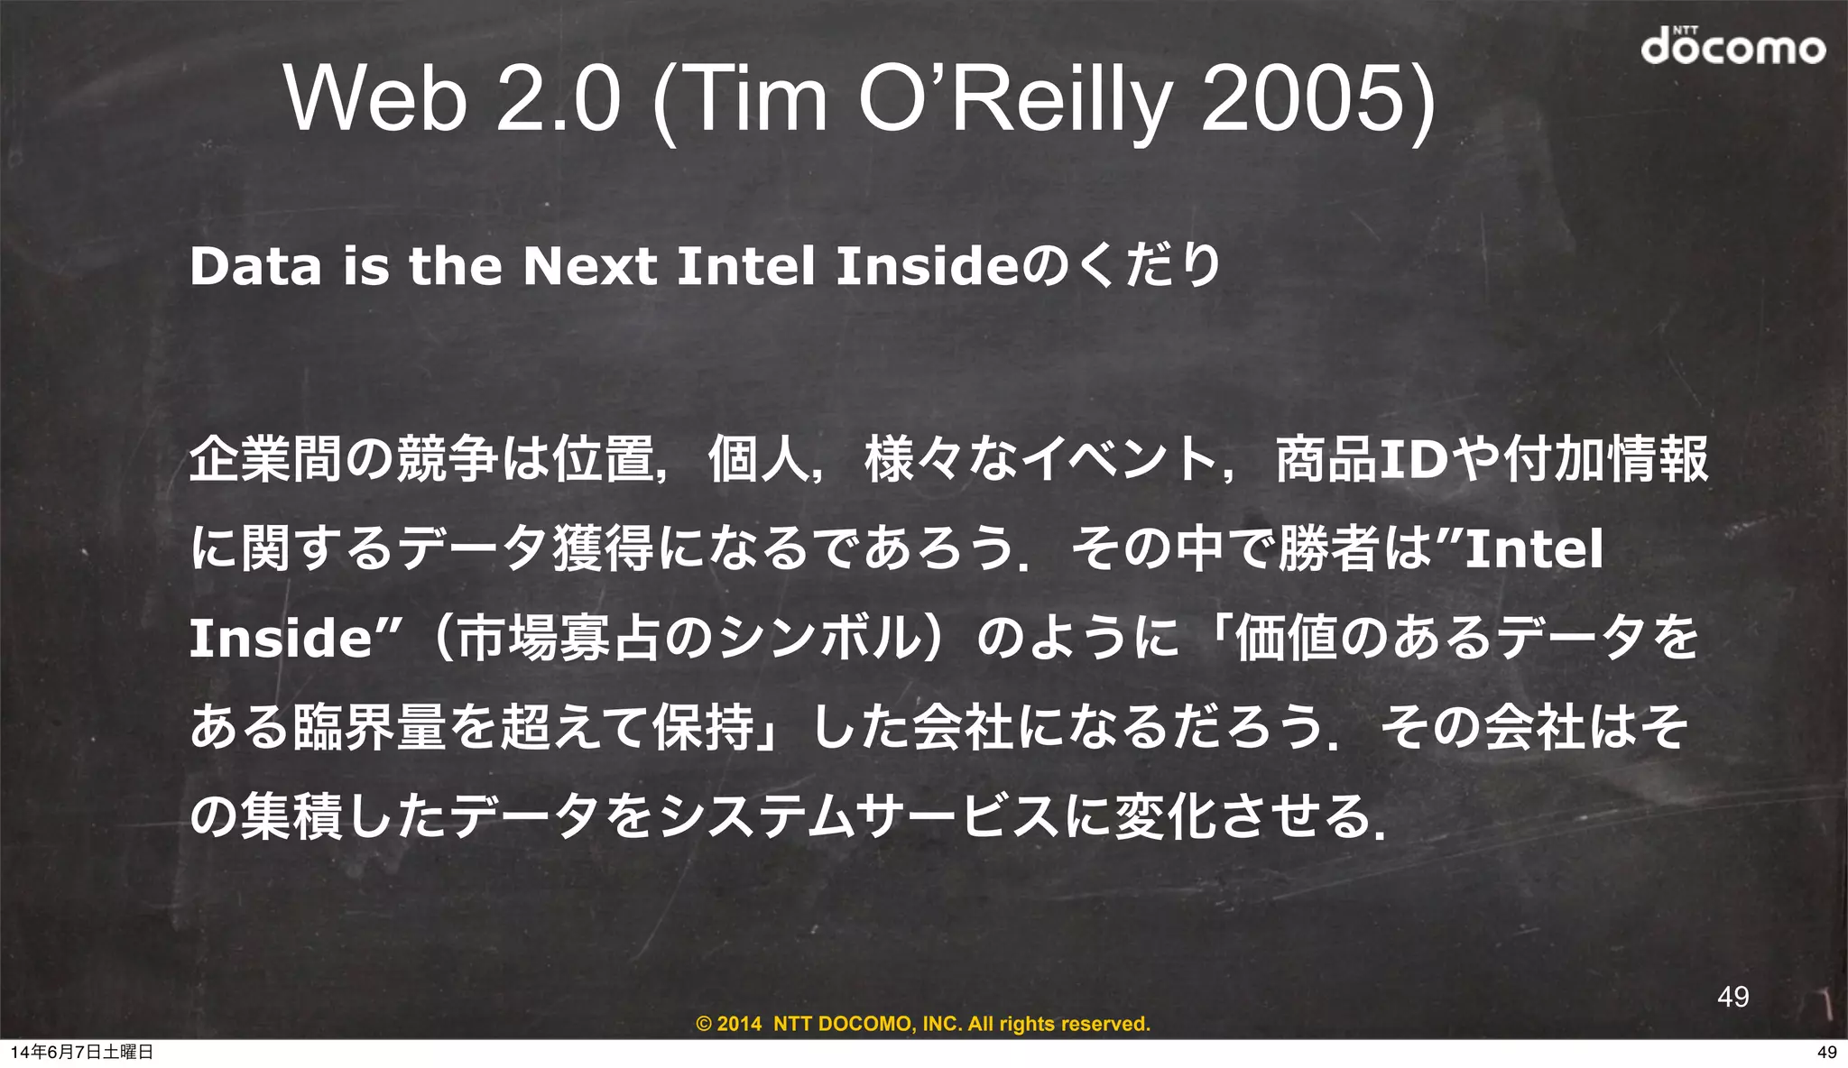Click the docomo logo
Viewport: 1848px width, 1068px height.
click(x=1732, y=46)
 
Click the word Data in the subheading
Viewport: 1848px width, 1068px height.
click(x=255, y=267)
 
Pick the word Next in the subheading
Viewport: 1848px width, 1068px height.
click(x=590, y=267)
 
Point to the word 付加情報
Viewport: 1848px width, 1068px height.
click(x=1606, y=459)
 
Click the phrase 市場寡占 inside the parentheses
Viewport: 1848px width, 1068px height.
click(x=559, y=638)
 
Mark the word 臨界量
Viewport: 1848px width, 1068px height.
click(x=370, y=727)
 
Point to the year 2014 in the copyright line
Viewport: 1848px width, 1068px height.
click(x=739, y=1024)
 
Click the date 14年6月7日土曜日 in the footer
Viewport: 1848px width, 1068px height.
click(x=81, y=1052)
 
